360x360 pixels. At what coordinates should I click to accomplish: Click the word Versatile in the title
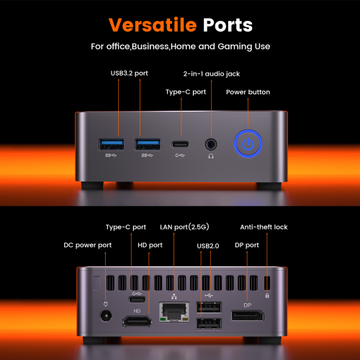tap(153, 24)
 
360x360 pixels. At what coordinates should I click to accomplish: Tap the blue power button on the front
tap(248, 144)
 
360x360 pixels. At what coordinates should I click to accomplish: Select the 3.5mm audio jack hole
tap(211, 145)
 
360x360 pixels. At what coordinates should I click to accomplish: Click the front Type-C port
tap(180, 145)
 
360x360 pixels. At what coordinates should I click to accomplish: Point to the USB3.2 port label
tap(129, 73)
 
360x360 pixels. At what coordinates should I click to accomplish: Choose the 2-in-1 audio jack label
tap(212, 73)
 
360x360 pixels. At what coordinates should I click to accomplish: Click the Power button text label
tap(248, 92)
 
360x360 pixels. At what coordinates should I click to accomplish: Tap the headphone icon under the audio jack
tap(211, 156)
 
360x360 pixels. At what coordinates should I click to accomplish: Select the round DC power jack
tap(106, 316)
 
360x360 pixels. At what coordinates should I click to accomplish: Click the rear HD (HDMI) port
tap(137, 321)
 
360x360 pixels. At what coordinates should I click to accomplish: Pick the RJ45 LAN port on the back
tap(174, 312)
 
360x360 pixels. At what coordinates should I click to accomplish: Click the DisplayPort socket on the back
tap(248, 315)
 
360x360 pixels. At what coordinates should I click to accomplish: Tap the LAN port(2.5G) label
tap(184, 227)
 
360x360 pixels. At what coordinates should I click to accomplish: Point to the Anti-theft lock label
tap(264, 227)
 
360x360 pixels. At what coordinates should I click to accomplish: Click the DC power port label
tap(88, 246)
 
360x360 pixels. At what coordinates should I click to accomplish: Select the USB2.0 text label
tap(208, 246)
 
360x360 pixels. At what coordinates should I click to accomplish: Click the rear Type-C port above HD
tap(137, 300)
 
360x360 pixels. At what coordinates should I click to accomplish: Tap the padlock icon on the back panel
tap(267, 295)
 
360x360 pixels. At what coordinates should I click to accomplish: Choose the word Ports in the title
tap(228, 25)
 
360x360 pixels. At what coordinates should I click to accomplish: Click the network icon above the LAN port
tap(174, 297)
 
